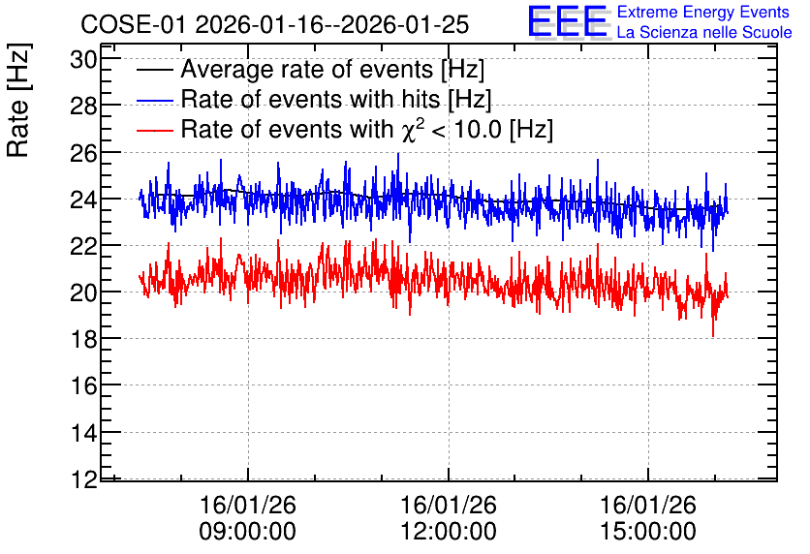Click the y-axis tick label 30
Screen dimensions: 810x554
pos(83,60)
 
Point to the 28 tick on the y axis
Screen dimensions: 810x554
pos(83,107)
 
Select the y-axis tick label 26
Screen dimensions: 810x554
pos(83,153)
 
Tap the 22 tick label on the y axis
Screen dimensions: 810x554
pos(83,247)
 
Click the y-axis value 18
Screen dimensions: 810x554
pos(83,340)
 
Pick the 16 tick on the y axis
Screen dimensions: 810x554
pos(83,385)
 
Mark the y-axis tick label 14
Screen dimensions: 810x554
pos(83,433)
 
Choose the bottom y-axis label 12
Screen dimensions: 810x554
pos(83,479)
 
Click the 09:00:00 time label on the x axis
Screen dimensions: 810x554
pos(248,532)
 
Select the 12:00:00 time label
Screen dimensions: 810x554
pos(449,532)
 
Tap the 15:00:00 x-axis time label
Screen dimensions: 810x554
pos(648,532)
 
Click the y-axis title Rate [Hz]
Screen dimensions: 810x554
pos(18,100)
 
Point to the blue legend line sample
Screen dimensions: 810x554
pos(154,101)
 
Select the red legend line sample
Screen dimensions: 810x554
pos(154,130)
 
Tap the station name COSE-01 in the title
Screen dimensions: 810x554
pos(133,25)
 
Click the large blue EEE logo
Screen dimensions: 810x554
pos(568,21)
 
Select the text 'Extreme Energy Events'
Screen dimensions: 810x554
pos(703,12)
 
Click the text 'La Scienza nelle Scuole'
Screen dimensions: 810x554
pos(704,32)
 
